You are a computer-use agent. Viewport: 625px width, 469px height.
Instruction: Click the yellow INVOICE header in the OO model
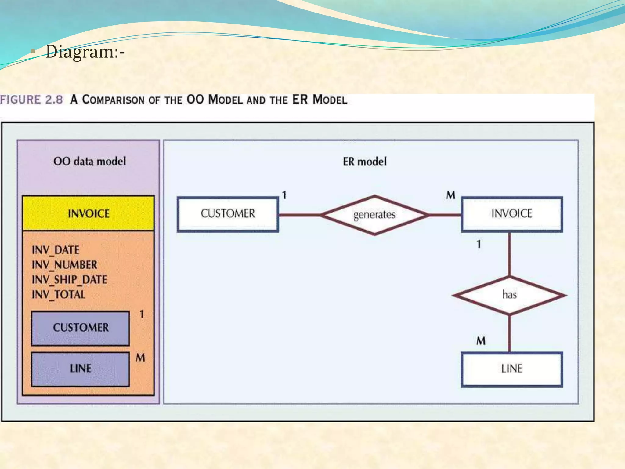pyautogui.click(x=89, y=213)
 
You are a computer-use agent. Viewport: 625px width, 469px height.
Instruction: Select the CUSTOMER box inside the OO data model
pyautogui.click(x=81, y=328)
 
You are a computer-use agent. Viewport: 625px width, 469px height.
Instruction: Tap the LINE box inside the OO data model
pyautogui.click(x=81, y=369)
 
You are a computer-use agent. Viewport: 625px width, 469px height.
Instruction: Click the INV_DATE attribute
pyautogui.click(x=56, y=250)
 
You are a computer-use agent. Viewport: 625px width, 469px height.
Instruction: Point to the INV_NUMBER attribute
pyautogui.click(x=64, y=265)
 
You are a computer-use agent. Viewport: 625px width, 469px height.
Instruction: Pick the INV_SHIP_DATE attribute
pyautogui.click(x=69, y=280)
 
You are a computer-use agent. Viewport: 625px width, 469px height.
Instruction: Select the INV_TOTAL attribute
pyautogui.click(x=59, y=295)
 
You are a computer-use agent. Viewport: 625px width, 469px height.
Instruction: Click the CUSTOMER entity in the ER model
pyautogui.click(x=228, y=214)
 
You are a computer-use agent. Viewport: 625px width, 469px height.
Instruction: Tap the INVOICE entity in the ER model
pyautogui.click(x=511, y=214)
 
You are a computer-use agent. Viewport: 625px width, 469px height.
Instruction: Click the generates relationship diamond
pyautogui.click(x=374, y=215)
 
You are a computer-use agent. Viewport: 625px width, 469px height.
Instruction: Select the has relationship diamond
pyautogui.click(x=509, y=295)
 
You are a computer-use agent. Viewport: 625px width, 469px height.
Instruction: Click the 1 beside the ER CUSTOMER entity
pyautogui.click(x=284, y=195)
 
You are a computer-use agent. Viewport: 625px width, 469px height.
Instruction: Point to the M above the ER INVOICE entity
pyautogui.click(x=451, y=195)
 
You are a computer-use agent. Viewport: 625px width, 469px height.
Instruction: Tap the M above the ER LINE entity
pyautogui.click(x=481, y=341)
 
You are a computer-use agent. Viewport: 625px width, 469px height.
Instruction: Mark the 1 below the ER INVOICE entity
pyautogui.click(x=479, y=244)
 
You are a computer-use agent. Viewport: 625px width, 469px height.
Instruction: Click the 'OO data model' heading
pyautogui.click(x=89, y=161)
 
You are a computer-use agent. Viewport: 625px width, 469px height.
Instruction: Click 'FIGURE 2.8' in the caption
pyautogui.click(x=32, y=100)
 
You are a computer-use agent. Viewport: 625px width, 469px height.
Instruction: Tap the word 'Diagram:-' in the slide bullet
pyautogui.click(x=85, y=52)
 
